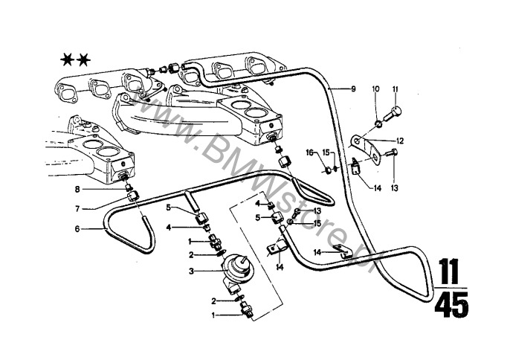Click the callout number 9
pyautogui.click(x=354, y=89)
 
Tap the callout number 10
pyautogui.click(x=375, y=89)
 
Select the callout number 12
pyautogui.click(x=400, y=141)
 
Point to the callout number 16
pyautogui.click(x=309, y=152)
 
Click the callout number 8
pyautogui.click(x=77, y=189)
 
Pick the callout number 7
pyautogui.click(x=77, y=209)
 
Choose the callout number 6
pyautogui.click(x=77, y=229)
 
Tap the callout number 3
pyautogui.click(x=191, y=271)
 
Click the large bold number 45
pyautogui.click(x=451, y=305)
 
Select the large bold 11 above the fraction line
pyautogui.click(x=449, y=271)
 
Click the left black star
pyautogui.click(x=68, y=60)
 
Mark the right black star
pyautogui.click(x=83, y=60)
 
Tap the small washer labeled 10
pyautogui.click(x=377, y=124)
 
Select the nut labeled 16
pyautogui.click(x=329, y=170)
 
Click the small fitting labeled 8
pyautogui.click(x=129, y=187)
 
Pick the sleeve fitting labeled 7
pyautogui.click(x=132, y=196)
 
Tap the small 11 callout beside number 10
pyautogui.click(x=395, y=89)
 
